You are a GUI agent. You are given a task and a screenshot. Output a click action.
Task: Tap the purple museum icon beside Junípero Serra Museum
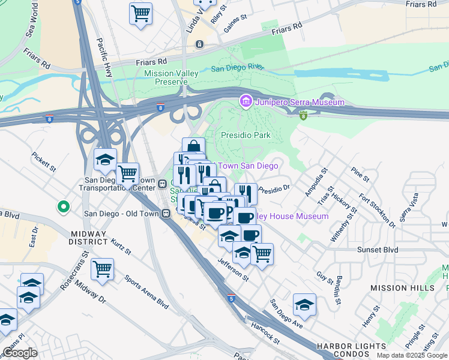point(246,102)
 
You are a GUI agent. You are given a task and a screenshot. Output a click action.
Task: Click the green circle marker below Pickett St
point(62,208)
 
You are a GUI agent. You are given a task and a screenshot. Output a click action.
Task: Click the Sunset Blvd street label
point(378,249)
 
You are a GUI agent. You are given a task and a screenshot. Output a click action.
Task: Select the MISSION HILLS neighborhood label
point(402,288)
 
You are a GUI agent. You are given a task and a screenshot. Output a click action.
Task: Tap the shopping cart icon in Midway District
point(103,269)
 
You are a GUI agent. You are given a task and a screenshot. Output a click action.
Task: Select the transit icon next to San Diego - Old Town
point(165,213)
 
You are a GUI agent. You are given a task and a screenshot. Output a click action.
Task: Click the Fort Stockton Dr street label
point(377,211)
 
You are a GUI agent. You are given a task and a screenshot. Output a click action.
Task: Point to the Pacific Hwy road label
point(109,56)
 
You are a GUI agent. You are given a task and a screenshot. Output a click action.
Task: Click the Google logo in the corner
point(20,353)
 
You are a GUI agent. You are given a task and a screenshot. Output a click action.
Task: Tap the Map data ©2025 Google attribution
point(412,355)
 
